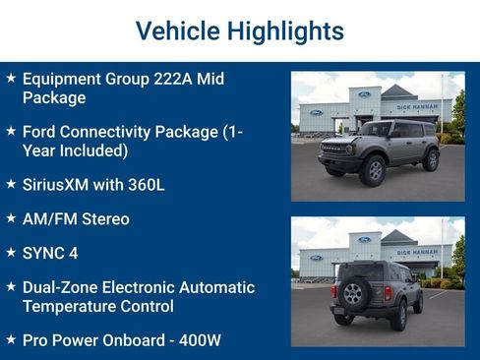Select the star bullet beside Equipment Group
10,78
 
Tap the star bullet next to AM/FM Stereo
10,217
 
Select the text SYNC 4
50,253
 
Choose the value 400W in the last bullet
198,340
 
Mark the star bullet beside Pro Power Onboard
10,339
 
